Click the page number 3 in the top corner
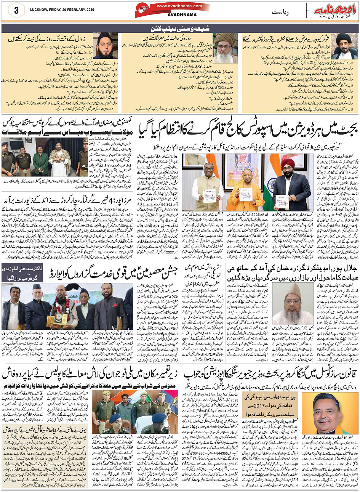tap(16, 10)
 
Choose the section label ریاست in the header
tap(282, 12)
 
